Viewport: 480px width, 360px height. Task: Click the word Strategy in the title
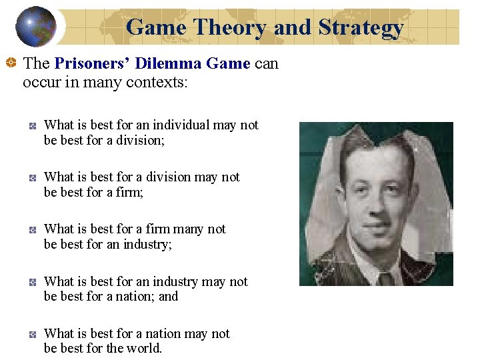(x=361, y=27)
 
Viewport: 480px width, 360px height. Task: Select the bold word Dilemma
(x=169, y=64)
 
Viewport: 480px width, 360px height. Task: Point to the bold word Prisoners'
(x=92, y=64)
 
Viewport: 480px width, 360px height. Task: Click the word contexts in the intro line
(x=160, y=82)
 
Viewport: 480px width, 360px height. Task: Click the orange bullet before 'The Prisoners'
(x=11, y=64)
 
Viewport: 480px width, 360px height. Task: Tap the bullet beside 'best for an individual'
(x=32, y=125)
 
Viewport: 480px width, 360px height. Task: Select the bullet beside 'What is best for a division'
(x=32, y=177)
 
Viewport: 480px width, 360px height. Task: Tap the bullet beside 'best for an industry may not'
(x=32, y=282)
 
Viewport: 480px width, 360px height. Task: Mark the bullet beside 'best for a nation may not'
(x=32, y=334)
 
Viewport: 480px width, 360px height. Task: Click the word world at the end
(x=146, y=348)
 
